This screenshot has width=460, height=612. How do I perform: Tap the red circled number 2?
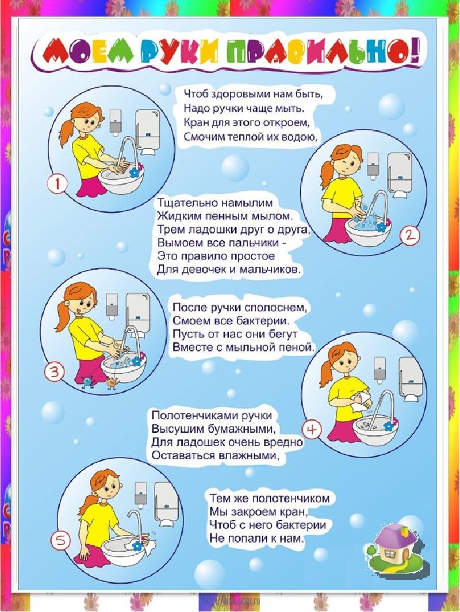coord(410,235)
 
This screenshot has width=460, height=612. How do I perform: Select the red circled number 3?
coord(53,373)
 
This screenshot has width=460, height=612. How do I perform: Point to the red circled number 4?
coord(312,429)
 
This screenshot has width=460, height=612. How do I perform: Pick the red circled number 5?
coord(60,540)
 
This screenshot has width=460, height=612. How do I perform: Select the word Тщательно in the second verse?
coord(183,204)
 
